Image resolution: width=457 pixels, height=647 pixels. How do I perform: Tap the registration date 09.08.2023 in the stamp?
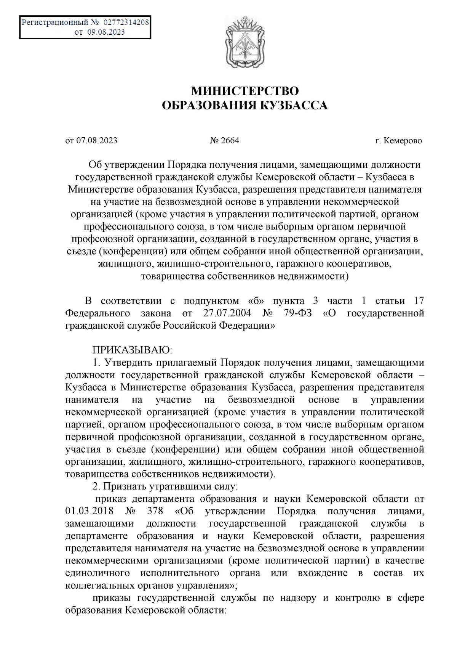point(106,32)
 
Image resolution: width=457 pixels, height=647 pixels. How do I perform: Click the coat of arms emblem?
point(244,44)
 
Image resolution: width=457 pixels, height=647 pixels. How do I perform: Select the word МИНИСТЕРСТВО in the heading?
point(244,91)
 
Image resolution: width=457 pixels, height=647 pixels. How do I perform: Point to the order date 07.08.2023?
point(97,141)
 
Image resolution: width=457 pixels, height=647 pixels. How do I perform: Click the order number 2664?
point(230,141)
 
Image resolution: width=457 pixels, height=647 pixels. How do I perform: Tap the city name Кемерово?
point(403,141)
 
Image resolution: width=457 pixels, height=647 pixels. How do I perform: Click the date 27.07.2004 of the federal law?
point(225,313)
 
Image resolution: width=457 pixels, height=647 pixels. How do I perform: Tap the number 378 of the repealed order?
point(155,511)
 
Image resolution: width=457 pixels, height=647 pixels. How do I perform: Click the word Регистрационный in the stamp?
point(54,22)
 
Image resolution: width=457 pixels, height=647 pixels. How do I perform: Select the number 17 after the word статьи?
point(419,301)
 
